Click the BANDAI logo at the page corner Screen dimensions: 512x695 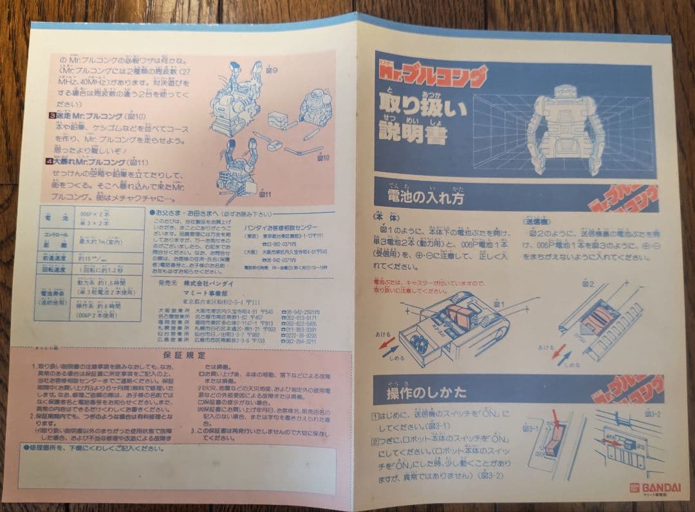click(645, 488)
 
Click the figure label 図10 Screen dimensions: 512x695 click(317, 156)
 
